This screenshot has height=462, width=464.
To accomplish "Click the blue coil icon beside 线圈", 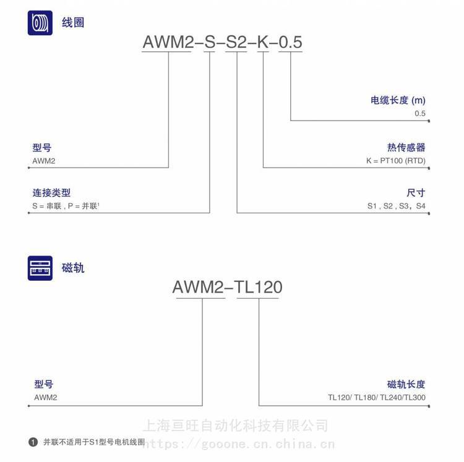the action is [x=40, y=23].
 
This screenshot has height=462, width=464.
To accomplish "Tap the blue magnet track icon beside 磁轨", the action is [x=40, y=268].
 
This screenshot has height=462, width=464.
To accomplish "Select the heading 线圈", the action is [x=73, y=23].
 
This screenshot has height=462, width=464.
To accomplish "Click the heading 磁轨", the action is [x=73, y=268].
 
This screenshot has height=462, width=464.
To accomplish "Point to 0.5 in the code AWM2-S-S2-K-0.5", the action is [x=290, y=41].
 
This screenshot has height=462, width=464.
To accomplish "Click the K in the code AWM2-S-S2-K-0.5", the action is [x=263, y=41].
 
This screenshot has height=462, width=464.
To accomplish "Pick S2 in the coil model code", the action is [x=236, y=41].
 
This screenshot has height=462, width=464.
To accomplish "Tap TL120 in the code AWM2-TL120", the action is [x=258, y=287].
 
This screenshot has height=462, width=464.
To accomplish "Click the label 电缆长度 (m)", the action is [x=398, y=100].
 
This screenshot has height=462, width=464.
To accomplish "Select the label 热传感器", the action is [x=406, y=147].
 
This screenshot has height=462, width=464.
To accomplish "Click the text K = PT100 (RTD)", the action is [x=396, y=161].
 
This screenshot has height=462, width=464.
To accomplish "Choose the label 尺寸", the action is [x=416, y=193].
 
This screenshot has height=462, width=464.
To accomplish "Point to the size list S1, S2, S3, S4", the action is [x=397, y=206].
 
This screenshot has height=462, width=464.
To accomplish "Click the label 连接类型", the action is [x=51, y=193].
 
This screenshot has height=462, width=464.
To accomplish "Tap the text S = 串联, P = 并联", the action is [x=66, y=206].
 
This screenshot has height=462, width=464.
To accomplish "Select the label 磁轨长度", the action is [x=406, y=384].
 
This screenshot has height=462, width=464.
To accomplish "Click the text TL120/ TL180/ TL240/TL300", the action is [x=377, y=398].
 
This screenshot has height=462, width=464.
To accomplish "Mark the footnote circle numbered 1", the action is [x=33, y=442].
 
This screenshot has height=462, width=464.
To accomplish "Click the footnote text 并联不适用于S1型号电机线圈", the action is [x=94, y=442].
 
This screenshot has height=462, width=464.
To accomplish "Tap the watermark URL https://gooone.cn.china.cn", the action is [x=239, y=444].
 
